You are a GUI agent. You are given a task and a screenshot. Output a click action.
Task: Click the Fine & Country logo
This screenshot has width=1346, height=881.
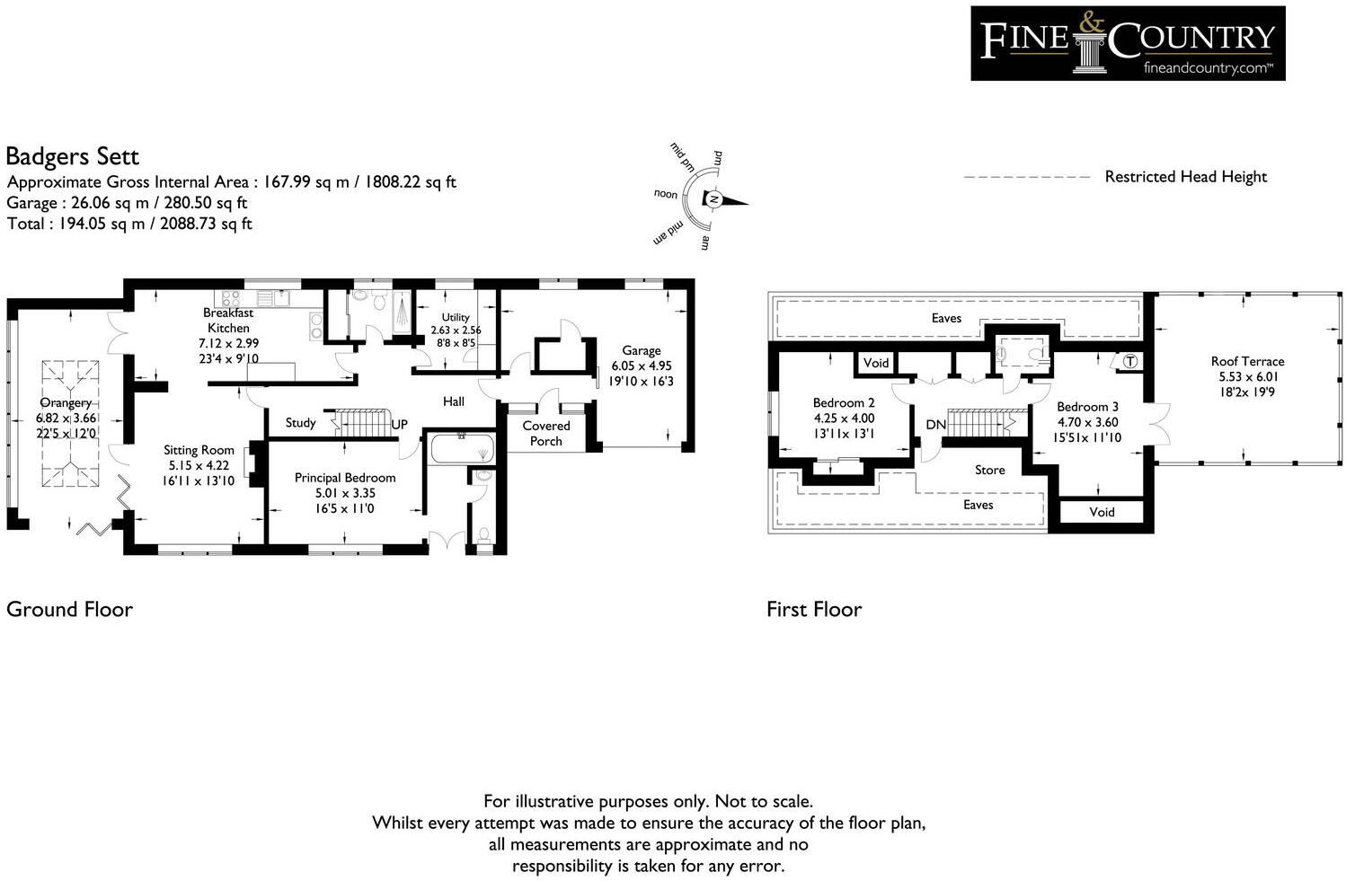(1127, 43)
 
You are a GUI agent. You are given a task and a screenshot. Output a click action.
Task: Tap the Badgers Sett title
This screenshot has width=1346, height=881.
(72, 157)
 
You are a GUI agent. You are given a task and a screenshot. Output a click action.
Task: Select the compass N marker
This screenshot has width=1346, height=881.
(713, 198)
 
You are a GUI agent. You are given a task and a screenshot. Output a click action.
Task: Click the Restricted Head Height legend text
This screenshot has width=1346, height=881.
(1185, 177)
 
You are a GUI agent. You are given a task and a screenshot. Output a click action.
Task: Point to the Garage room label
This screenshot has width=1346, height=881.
(641, 351)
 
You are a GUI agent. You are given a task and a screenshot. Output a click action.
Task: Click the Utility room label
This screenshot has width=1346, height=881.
(456, 317)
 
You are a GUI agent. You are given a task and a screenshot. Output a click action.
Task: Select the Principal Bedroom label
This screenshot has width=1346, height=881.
(345, 478)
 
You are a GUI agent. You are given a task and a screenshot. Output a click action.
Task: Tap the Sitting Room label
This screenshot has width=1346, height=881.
(199, 451)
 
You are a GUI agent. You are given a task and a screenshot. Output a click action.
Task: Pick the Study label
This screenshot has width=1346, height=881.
(300, 423)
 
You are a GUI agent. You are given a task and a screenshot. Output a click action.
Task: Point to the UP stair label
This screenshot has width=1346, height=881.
(400, 424)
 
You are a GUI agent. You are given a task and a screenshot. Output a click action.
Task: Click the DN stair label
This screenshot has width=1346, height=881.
(935, 425)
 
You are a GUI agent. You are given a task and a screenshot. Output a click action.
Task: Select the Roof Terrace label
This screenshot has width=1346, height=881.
(1247, 361)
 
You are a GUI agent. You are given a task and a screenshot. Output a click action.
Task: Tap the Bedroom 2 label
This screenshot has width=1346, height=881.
(843, 403)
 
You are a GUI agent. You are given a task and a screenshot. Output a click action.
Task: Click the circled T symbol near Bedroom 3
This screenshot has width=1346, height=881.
(1130, 361)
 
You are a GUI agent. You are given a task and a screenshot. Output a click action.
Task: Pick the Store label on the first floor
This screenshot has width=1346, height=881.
(989, 470)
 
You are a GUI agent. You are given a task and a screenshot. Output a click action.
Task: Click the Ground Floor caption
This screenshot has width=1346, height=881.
(69, 610)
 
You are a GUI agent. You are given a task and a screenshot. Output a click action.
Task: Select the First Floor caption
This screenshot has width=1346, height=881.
(813, 610)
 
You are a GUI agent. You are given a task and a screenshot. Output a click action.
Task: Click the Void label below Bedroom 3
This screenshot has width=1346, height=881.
(1102, 512)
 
